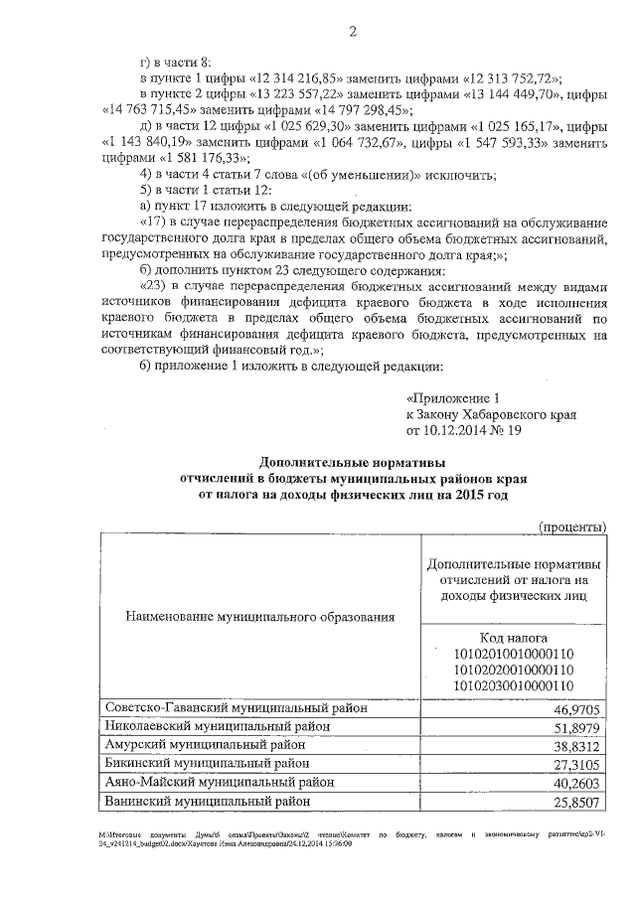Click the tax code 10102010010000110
[x=514, y=654]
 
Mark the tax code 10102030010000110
[x=514, y=685]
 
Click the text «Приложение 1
[x=458, y=396]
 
